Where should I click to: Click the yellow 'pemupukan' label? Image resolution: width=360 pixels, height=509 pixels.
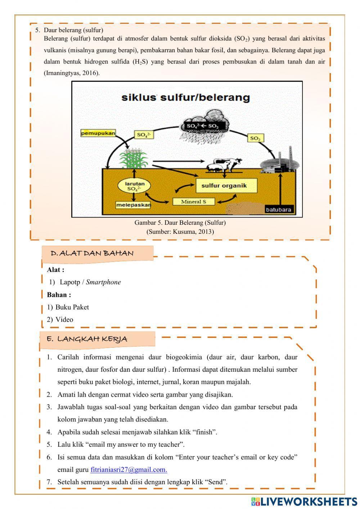point(98,133)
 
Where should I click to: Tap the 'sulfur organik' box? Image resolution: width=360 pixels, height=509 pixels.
point(224,186)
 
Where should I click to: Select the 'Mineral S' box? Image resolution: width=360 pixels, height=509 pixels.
point(193,201)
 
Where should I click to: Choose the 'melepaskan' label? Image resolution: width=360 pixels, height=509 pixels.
point(133,205)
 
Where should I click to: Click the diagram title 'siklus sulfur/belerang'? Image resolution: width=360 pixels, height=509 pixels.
point(185,97)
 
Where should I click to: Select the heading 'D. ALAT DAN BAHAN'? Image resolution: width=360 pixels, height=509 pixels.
point(92,253)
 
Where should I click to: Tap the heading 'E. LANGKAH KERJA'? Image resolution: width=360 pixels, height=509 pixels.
point(87,339)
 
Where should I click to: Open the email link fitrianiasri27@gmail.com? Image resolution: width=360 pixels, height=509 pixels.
point(129,469)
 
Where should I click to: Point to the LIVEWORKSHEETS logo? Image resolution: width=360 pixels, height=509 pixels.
point(304,501)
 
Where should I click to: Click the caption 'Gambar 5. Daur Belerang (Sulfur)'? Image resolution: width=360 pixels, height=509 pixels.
point(180,223)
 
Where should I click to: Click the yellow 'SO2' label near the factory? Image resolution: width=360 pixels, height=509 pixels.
point(255,138)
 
